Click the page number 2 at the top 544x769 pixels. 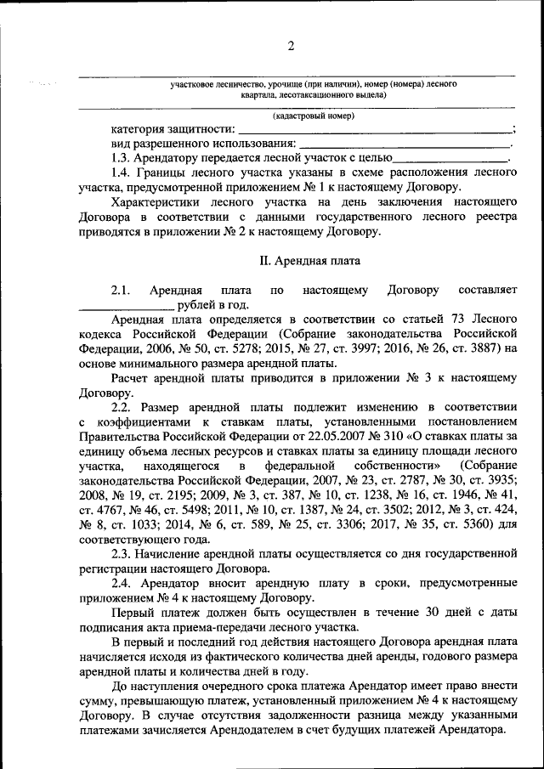(289, 46)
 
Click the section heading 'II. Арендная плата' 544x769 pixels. (309, 260)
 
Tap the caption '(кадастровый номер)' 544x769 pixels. (314, 116)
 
